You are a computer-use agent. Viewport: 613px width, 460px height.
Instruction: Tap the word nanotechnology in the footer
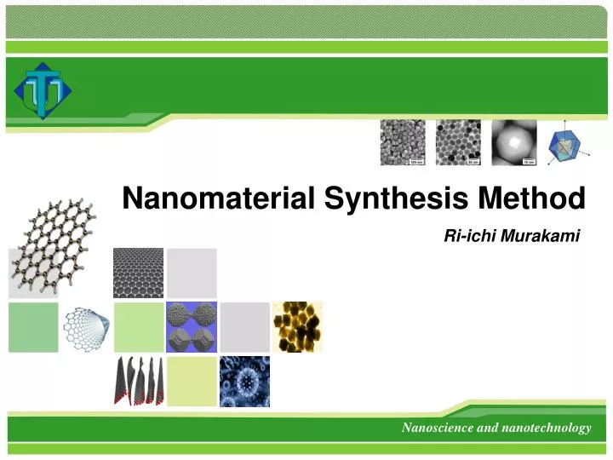pyautogui.click(x=545, y=428)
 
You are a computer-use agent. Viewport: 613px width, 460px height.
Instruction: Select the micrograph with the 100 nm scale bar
pyautogui.click(x=402, y=141)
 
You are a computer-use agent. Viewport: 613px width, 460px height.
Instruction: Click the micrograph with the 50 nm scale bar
pyautogui.click(x=458, y=141)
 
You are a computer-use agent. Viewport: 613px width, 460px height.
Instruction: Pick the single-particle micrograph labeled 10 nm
pyautogui.click(x=514, y=141)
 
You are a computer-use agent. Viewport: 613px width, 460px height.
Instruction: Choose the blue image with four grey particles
pyautogui.click(x=192, y=326)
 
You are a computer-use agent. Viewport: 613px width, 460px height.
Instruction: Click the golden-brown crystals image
pyautogui.click(x=297, y=326)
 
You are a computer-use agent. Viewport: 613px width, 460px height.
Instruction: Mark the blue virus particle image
pyautogui.click(x=244, y=381)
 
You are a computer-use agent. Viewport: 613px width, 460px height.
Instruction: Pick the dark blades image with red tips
pyautogui.click(x=138, y=381)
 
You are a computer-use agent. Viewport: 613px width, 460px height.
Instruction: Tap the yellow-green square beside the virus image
pyautogui.click(x=192, y=381)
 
